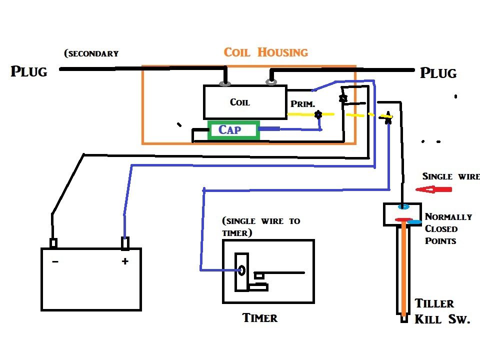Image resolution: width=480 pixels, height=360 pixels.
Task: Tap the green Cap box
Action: (x=233, y=130)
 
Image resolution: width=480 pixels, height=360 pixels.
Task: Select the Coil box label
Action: (x=239, y=102)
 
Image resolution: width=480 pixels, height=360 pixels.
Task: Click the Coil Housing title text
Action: (x=265, y=52)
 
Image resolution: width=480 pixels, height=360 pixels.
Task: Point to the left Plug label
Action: (x=29, y=71)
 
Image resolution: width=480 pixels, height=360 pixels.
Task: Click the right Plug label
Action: (x=438, y=73)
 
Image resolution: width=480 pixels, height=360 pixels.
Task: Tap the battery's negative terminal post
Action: (x=53, y=243)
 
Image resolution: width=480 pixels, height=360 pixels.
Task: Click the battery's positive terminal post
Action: (x=125, y=243)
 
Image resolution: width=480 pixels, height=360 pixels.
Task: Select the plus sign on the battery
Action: (x=125, y=261)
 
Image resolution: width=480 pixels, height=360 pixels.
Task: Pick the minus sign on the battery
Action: (x=54, y=261)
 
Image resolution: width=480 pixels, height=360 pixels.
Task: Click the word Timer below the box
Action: (x=259, y=318)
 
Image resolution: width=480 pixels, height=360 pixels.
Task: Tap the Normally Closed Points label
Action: (x=447, y=228)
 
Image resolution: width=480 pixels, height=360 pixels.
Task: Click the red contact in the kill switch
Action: (x=403, y=219)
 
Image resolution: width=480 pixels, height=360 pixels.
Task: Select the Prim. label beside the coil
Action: (x=302, y=104)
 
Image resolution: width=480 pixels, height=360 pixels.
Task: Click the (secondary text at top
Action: (x=91, y=53)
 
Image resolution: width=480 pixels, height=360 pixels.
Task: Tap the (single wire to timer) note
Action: (x=260, y=226)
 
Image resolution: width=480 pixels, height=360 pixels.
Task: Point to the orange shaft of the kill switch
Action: (x=403, y=270)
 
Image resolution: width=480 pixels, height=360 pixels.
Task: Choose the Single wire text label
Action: (x=450, y=176)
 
